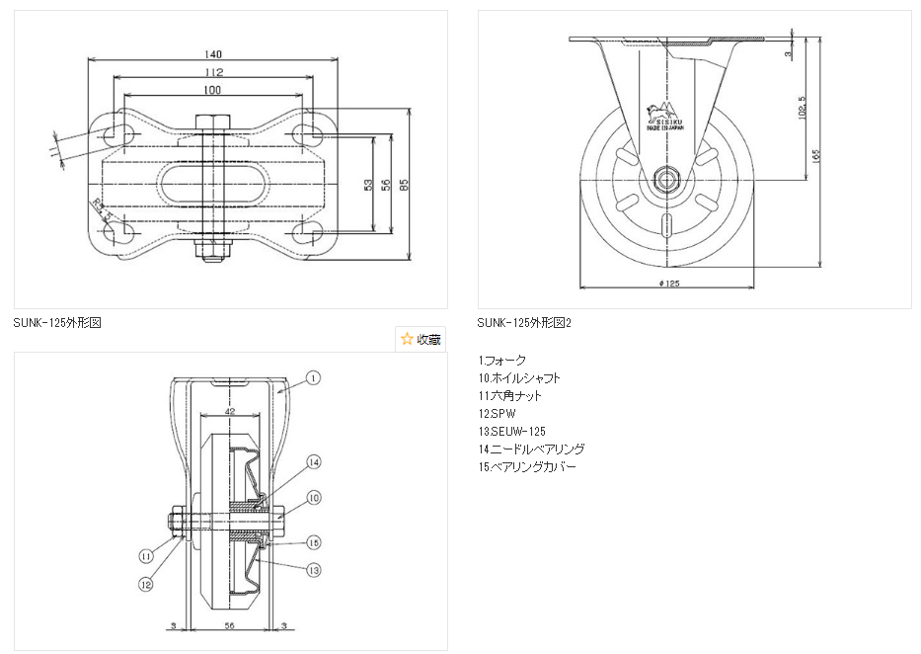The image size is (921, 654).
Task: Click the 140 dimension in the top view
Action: pos(213,53)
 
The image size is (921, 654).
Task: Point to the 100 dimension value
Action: pos(212,90)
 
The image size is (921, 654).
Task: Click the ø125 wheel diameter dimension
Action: pos(668,284)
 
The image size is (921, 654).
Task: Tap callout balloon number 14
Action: pos(313,462)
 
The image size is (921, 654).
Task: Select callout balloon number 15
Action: pos(313,542)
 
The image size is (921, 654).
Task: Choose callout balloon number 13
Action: pos(313,569)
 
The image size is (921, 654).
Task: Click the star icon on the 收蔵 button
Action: pos(407,339)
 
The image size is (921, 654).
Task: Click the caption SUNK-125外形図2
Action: pos(524,323)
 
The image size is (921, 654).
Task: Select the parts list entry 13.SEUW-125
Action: pos(511,431)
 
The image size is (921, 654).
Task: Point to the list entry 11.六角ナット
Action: pos(509,395)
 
